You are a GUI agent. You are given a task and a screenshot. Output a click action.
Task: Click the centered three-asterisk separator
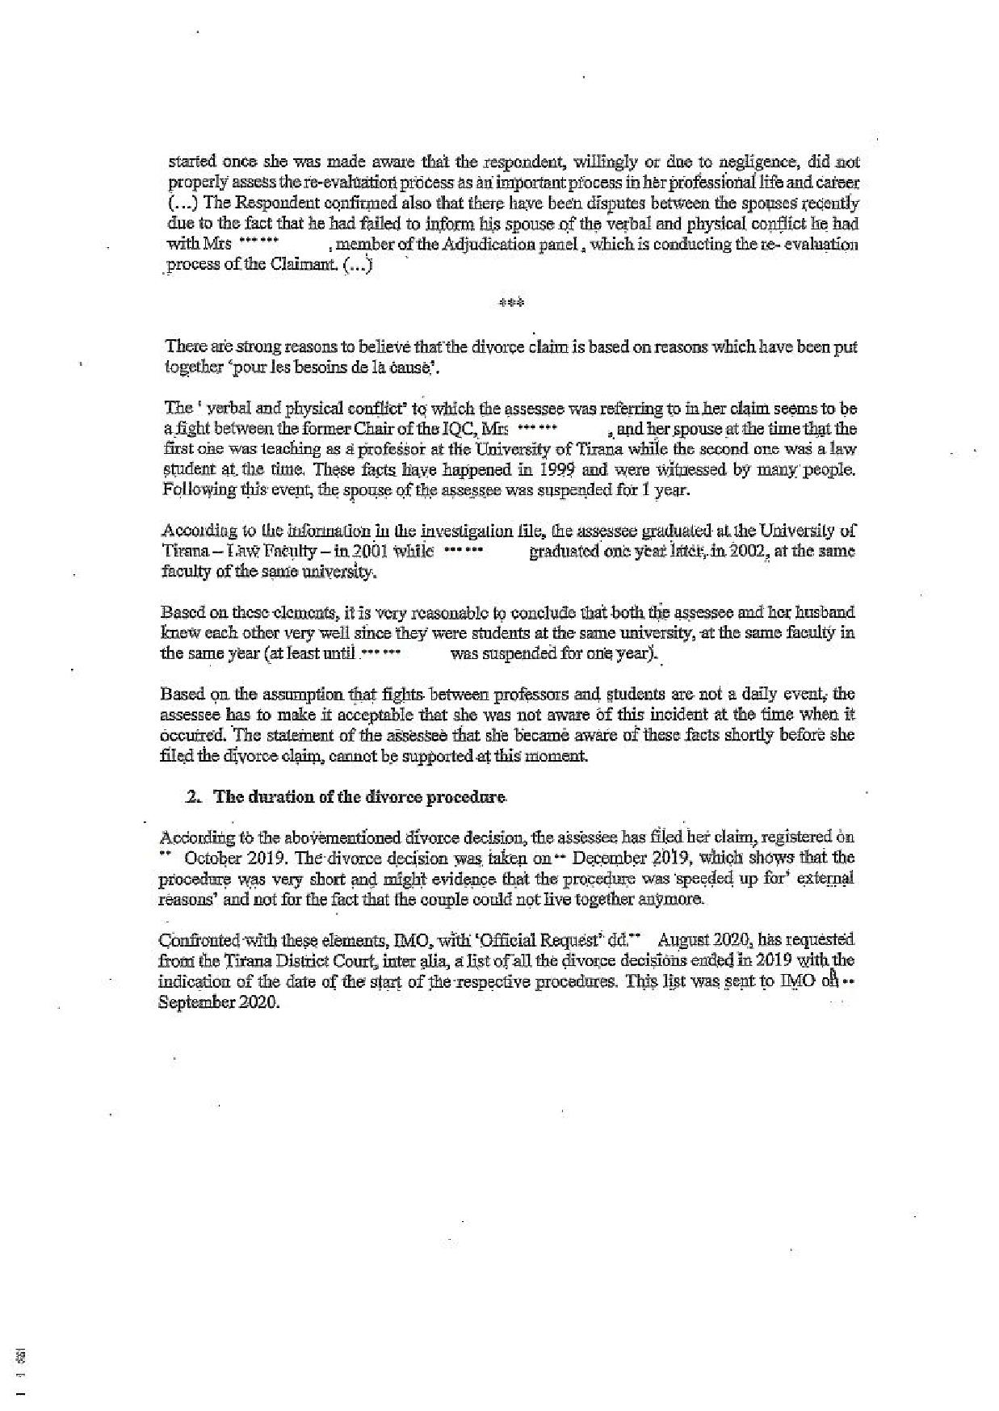[511, 304]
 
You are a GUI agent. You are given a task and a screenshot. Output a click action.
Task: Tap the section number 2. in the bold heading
[193, 796]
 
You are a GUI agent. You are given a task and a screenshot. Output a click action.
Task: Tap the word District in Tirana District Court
[296, 960]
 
